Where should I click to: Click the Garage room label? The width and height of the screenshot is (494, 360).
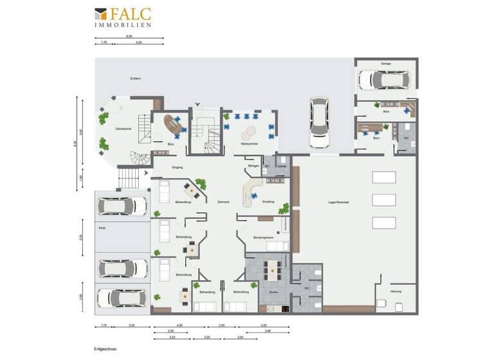385,64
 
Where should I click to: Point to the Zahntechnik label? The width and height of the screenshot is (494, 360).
123,129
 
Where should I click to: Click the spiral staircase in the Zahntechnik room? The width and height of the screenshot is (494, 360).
136,157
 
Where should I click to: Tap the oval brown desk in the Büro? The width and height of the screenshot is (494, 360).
173,124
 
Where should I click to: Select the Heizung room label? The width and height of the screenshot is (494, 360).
396,292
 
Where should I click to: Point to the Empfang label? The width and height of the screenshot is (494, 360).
268,202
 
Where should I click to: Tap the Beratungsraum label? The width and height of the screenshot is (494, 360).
264,237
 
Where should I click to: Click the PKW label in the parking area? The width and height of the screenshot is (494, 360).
102,228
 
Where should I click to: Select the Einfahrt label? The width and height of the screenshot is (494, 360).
135,78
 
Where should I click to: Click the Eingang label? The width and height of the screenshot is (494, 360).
178,167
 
